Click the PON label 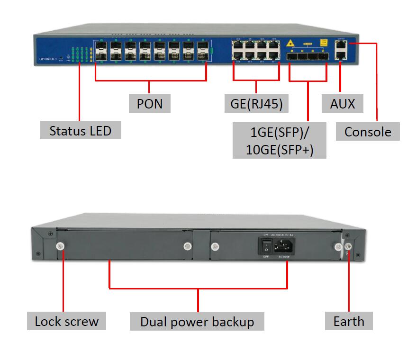(149, 103)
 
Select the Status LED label (80, 130)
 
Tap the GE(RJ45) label (256, 103)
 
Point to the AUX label (342, 103)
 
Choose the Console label (368, 131)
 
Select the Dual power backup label (197, 322)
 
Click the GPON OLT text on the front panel (48, 60)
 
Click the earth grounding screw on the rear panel (348, 246)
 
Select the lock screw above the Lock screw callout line (60, 246)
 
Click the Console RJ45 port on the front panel (341, 45)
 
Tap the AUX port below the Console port (341, 55)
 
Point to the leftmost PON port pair (101, 52)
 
